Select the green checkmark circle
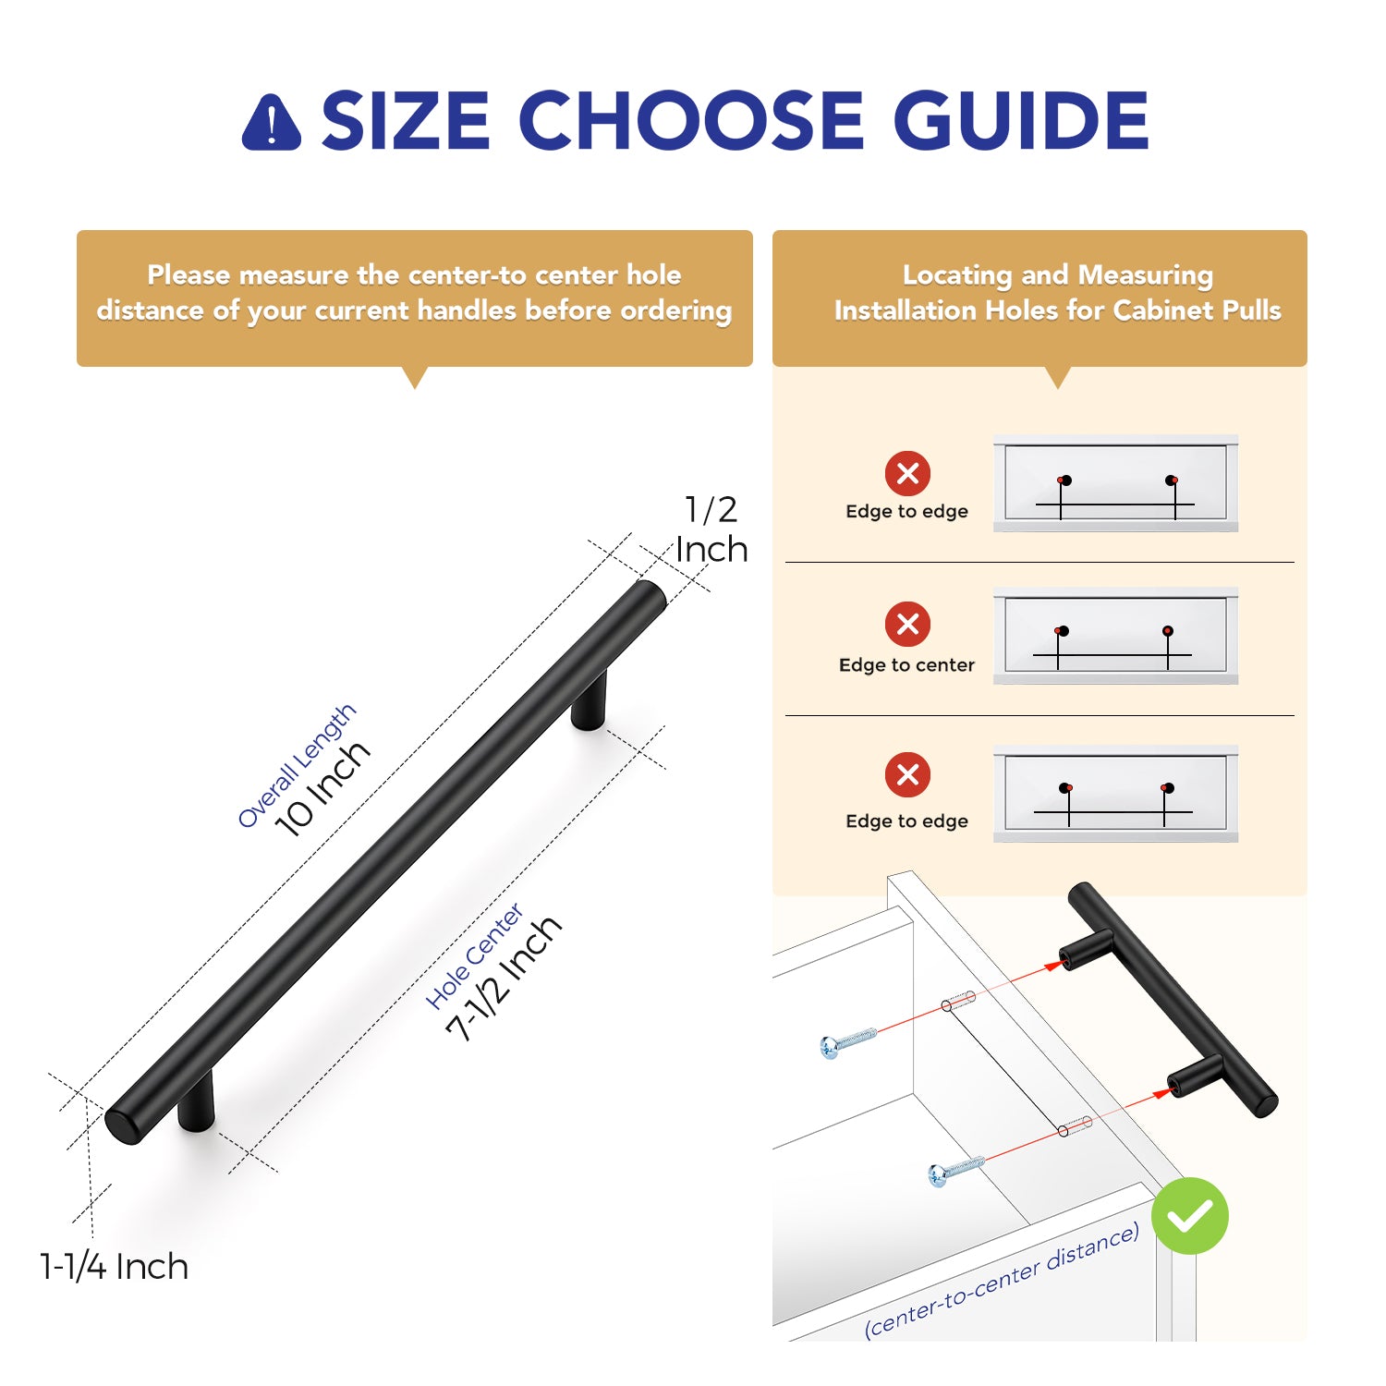[x=1190, y=1216]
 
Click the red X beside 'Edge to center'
[x=907, y=624]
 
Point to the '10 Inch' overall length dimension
[x=323, y=788]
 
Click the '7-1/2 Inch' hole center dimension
[x=505, y=978]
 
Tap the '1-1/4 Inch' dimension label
[x=114, y=1266]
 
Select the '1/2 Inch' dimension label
[x=711, y=529]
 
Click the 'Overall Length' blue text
[x=297, y=765]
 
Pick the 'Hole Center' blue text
[x=474, y=956]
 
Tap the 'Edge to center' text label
[x=906, y=664]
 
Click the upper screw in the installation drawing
[x=848, y=1041]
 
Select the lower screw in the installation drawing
[x=956, y=1171]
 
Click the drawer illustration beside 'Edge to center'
[x=1115, y=636]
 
